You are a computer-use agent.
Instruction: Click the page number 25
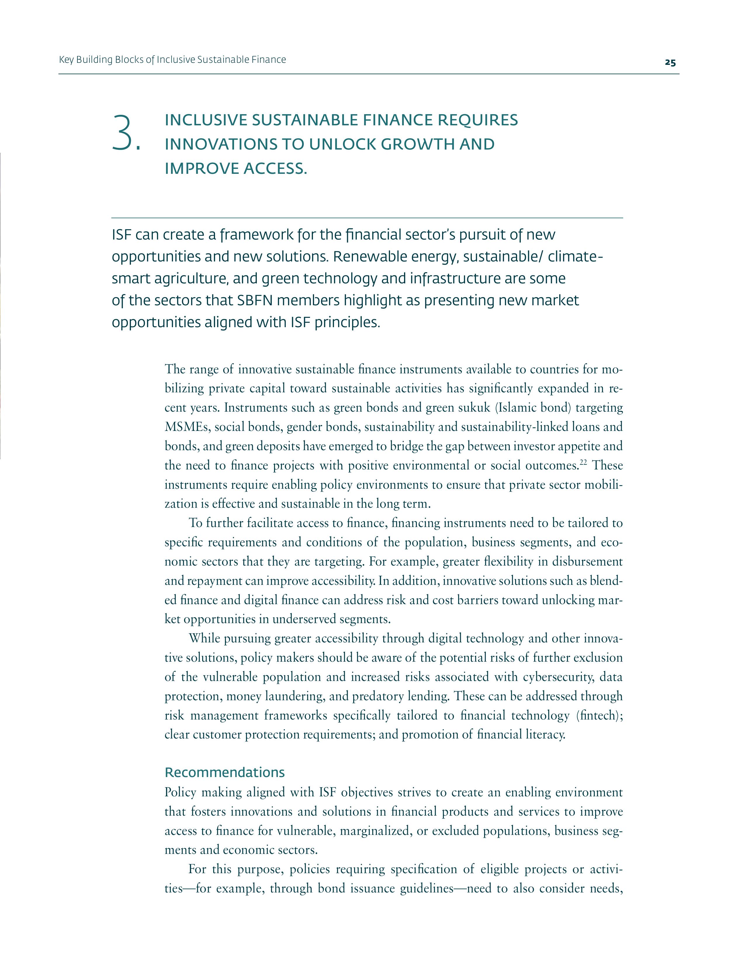point(670,63)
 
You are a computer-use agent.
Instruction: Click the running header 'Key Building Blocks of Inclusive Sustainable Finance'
point(172,60)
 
